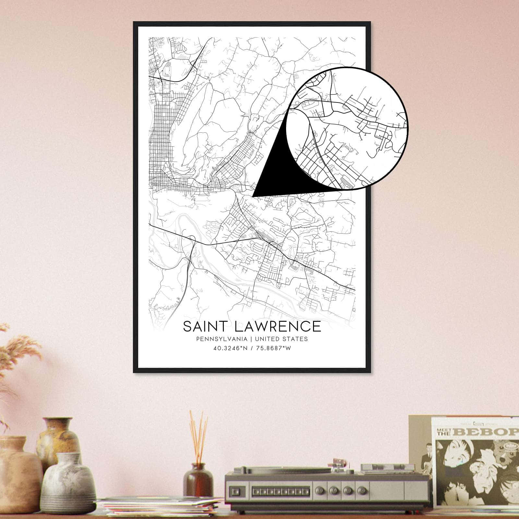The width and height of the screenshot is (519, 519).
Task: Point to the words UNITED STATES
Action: tap(281, 339)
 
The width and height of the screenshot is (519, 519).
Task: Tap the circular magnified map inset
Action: tap(347, 128)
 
